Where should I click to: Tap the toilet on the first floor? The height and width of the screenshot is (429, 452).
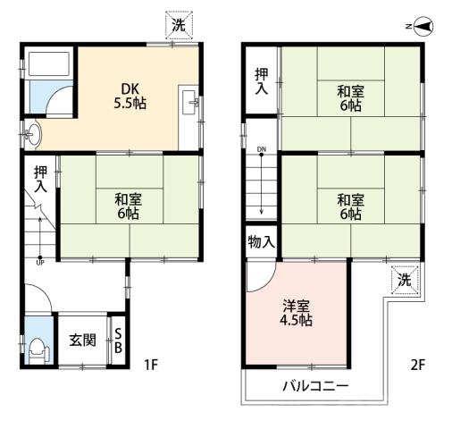38,350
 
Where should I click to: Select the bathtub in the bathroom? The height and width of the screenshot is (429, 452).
49,63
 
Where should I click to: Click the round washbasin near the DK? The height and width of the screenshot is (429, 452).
33,134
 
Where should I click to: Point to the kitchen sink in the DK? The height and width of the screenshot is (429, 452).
189,103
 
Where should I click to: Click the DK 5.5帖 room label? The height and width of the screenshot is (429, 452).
130,96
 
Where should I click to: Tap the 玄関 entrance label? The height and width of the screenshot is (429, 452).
82,341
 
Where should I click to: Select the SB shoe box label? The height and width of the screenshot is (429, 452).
118,341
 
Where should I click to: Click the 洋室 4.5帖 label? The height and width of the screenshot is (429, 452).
296,313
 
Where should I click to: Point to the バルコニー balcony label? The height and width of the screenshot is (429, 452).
315,386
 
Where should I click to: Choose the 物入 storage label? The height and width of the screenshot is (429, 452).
261,242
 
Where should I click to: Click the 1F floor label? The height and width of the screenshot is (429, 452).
151,365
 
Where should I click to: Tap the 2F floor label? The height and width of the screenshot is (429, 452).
418,365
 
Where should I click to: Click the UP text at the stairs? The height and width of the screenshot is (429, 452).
40,263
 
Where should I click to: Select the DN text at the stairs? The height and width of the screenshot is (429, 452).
262,149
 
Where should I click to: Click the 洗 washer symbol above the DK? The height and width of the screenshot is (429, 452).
179,25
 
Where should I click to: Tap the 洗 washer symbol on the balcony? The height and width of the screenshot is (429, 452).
405,280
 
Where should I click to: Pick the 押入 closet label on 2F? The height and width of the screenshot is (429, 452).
262,81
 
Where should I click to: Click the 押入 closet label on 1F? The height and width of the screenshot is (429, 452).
40,179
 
